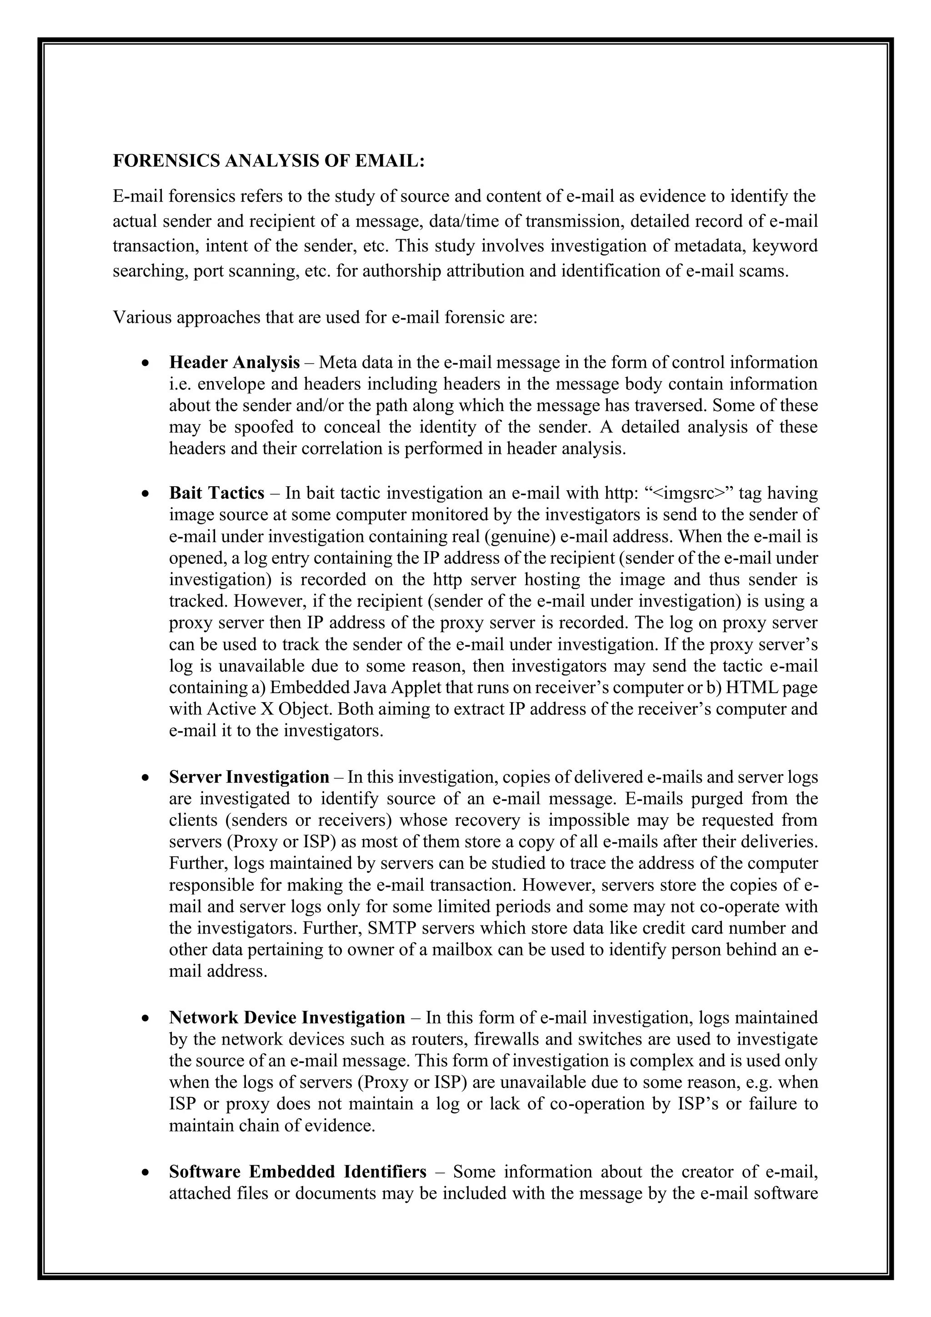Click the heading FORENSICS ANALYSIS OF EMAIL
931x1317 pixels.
click(x=268, y=161)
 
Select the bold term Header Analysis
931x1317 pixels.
click(x=234, y=362)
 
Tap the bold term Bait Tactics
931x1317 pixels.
click(x=217, y=493)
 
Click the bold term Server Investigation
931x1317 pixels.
click(x=249, y=777)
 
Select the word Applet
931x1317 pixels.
click(x=377, y=687)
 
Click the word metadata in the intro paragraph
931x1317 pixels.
click(x=709, y=246)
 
